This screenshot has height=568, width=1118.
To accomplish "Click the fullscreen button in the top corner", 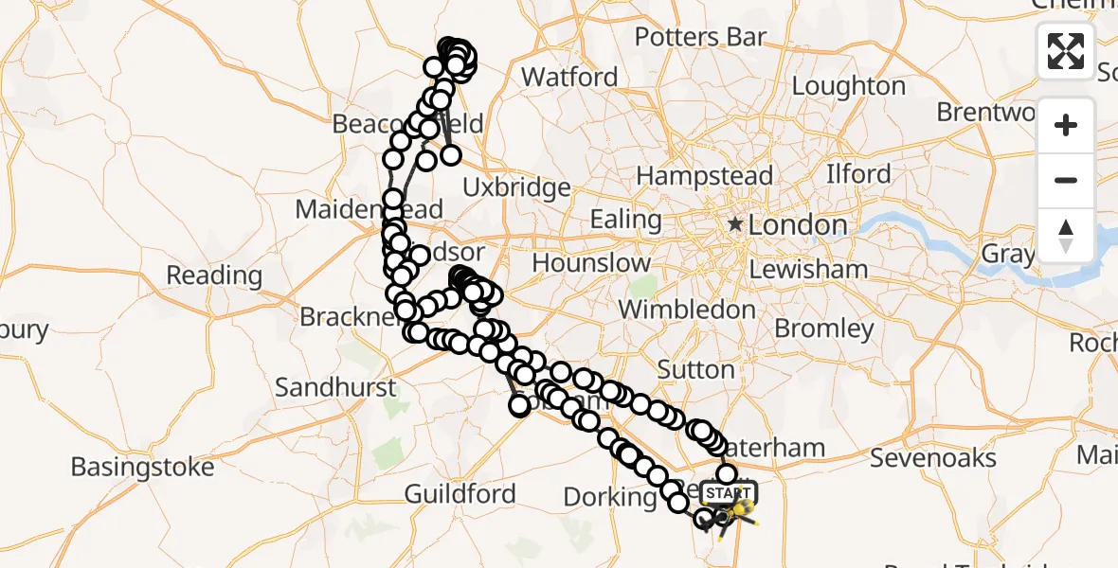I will pos(1066,50).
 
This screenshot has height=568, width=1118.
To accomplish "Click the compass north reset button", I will pos(1066,235).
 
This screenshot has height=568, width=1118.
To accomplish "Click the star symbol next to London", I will pos(735,225).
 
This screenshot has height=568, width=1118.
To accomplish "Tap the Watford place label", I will pos(569,77).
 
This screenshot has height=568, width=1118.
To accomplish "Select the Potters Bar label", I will pos(700,37).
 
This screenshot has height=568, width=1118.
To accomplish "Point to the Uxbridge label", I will pos(517,187).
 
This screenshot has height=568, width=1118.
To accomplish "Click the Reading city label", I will pos(214,275).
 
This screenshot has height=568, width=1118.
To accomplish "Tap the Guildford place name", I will pos(460,493).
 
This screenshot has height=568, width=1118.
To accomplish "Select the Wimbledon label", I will pos(687,310).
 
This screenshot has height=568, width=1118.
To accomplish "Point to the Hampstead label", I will pos(705,176).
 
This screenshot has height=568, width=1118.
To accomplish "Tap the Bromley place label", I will pos(824,328).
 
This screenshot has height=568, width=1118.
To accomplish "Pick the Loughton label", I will pos(848,86).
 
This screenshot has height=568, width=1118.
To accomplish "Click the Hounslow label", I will pos(592,262).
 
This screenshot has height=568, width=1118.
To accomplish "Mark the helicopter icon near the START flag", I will pos(740,515).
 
